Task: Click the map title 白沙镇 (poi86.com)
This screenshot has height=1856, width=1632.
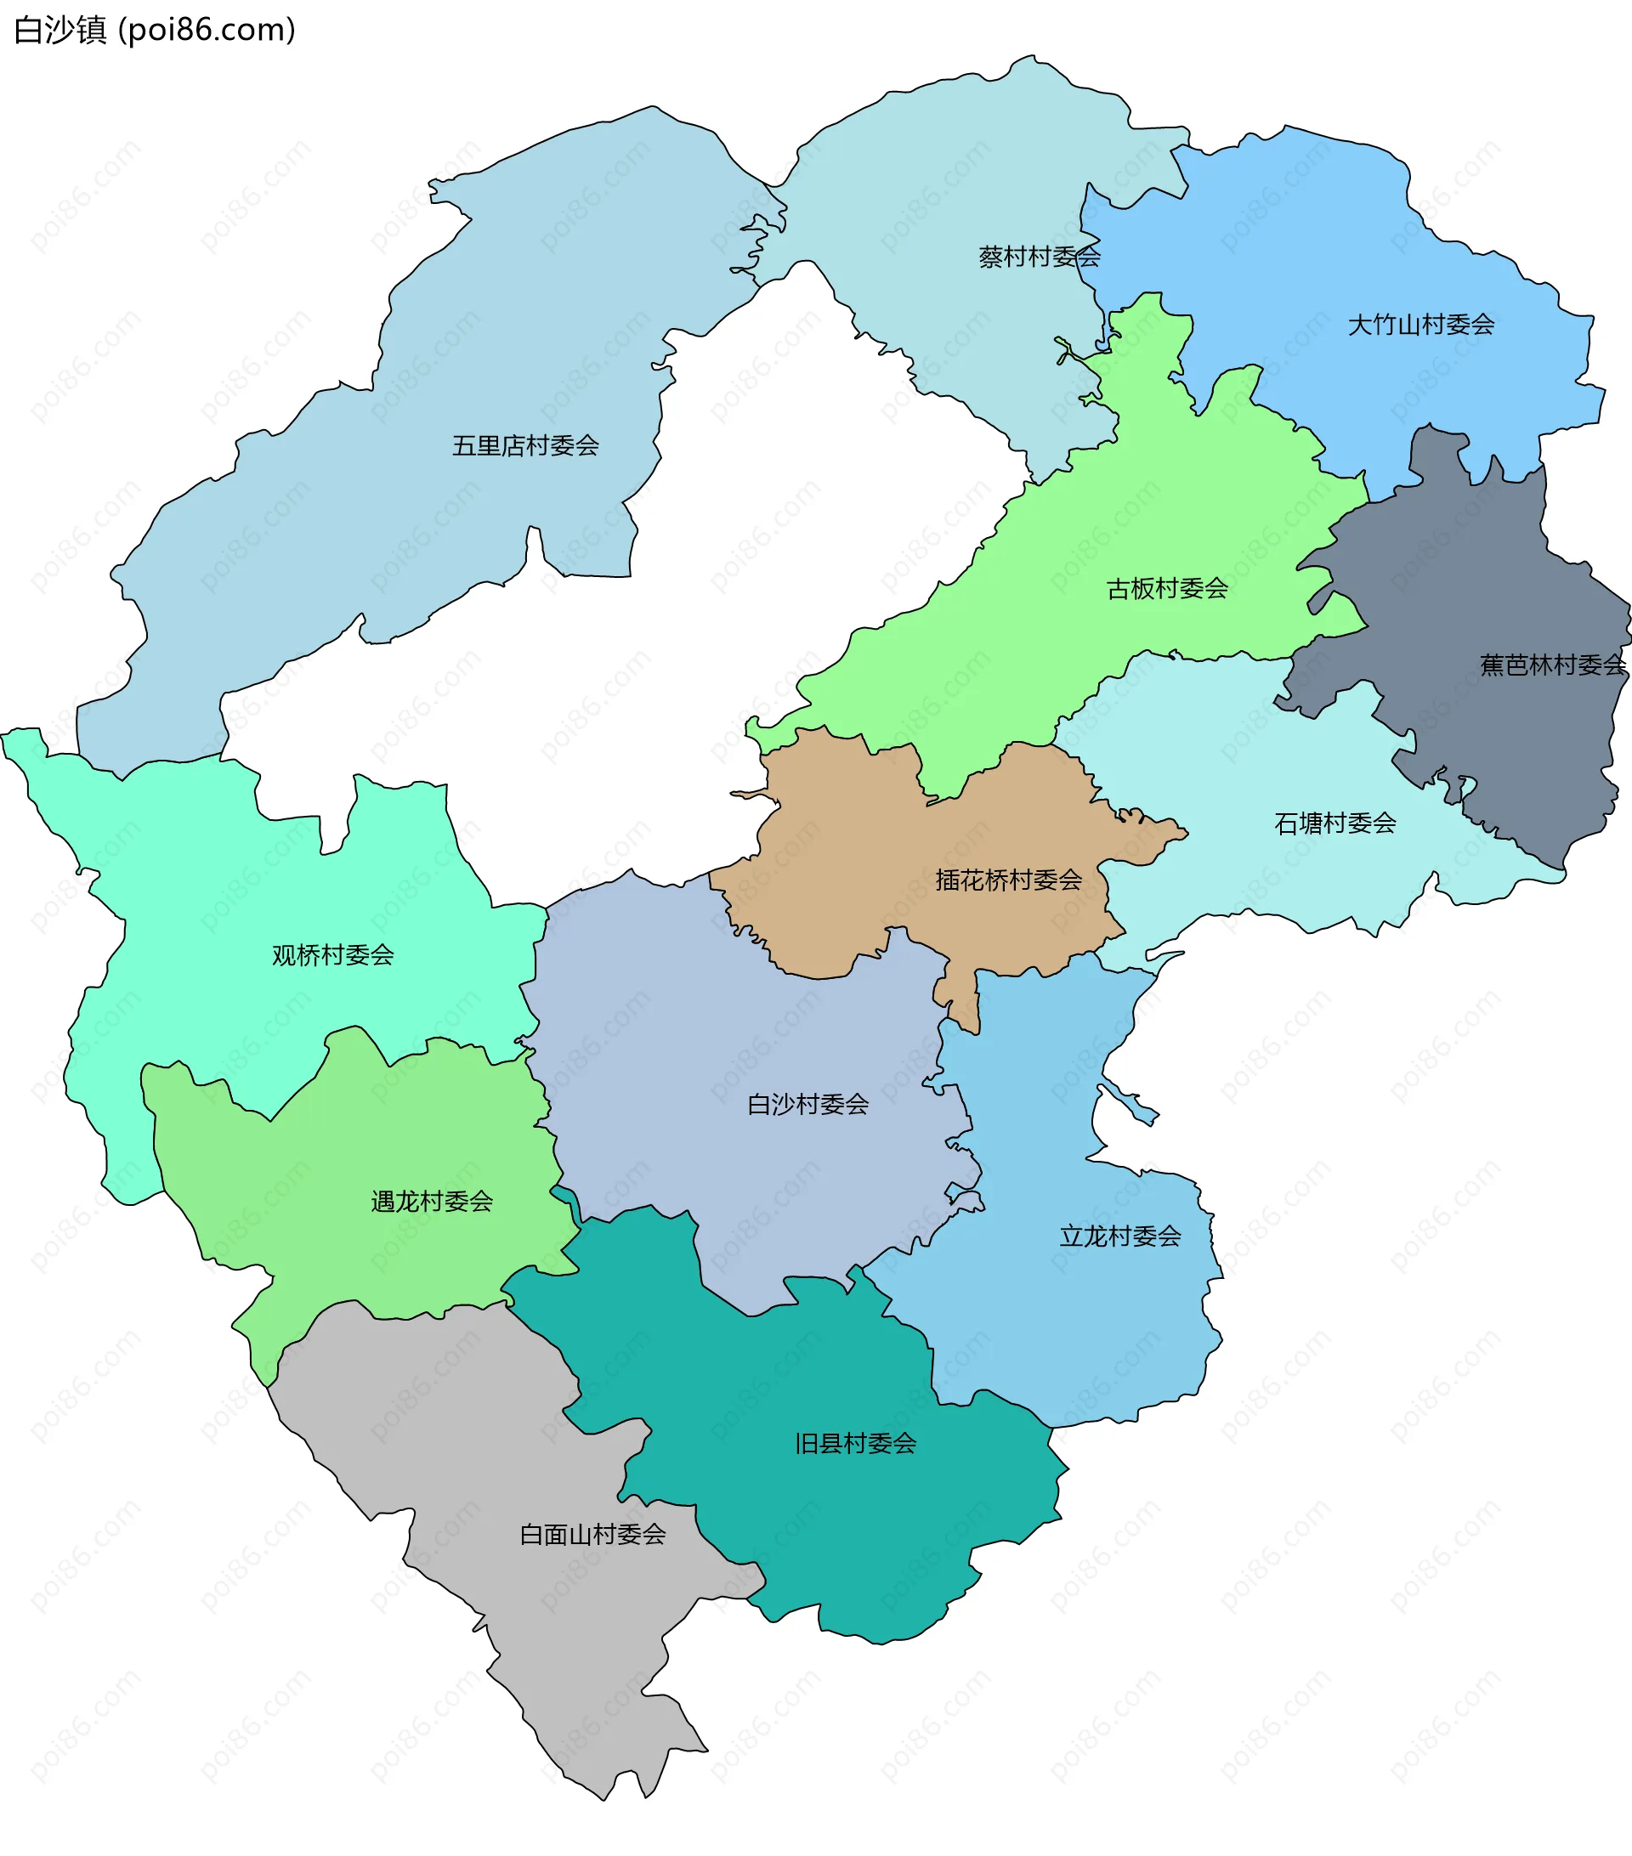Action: pyautogui.click(x=155, y=30)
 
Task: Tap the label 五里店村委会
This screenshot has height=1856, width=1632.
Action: pyautogui.click(x=525, y=446)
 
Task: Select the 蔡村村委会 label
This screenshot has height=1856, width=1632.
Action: pyautogui.click(x=1039, y=257)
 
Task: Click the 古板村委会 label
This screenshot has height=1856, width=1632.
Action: pyautogui.click(x=1167, y=589)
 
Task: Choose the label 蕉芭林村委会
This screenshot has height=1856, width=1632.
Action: pyautogui.click(x=1552, y=665)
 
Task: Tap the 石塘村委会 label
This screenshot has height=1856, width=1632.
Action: pyautogui.click(x=1334, y=823)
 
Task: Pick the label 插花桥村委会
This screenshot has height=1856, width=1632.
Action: pyautogui.click(x=1008, y=880)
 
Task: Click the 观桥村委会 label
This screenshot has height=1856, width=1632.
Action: pyautogui.click(x=332, y=955)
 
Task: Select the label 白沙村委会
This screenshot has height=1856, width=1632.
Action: pyautogui.click(x=807, y=1104)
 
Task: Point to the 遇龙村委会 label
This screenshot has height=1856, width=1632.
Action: pyautogui.click(x=432, y=1202)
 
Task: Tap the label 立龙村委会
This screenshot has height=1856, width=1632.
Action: pyautogui.click(x=1119, y=1236)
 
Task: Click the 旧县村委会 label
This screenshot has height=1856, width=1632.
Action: pyautogui.click(x=854, y=1444)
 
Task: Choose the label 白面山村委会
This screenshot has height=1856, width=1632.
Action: pyautogui.click(x=592, y=1535)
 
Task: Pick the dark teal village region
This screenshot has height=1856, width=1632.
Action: pyautogui.click(x=818, y=1525)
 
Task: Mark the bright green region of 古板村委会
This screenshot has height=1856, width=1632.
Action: pyautogui.click(x=1090, y=654)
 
